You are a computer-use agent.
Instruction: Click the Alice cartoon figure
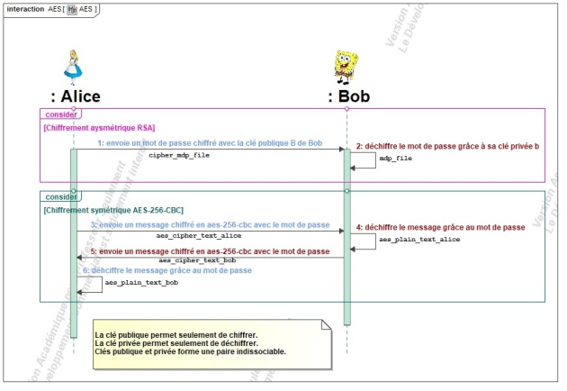(74, 67)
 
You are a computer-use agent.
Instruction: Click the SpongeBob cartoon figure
(346, 67)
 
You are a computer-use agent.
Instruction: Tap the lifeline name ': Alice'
(76, 96)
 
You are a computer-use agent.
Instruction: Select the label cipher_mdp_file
(179, 155)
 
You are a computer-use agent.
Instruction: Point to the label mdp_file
(395, 159)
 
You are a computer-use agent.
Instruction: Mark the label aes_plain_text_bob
(141, 283)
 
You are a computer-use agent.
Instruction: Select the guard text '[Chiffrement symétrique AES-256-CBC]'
(113, 209)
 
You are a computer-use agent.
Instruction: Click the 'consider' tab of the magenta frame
(60, 114)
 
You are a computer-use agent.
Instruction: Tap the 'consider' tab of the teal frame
(60, 195)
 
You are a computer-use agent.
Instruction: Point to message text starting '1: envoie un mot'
(210, 143)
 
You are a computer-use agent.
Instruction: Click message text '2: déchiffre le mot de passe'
(447, 146)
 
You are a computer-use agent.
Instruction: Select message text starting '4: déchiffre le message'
(440, 227)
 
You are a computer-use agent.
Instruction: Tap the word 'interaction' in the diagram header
(24, 9)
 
